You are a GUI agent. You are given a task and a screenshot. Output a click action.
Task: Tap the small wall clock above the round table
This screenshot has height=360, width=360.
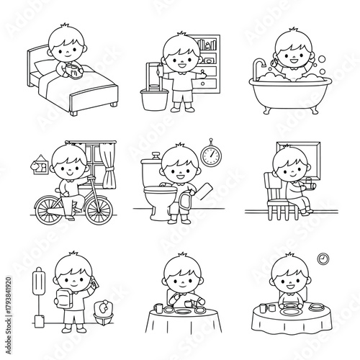(x=323, y=257)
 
